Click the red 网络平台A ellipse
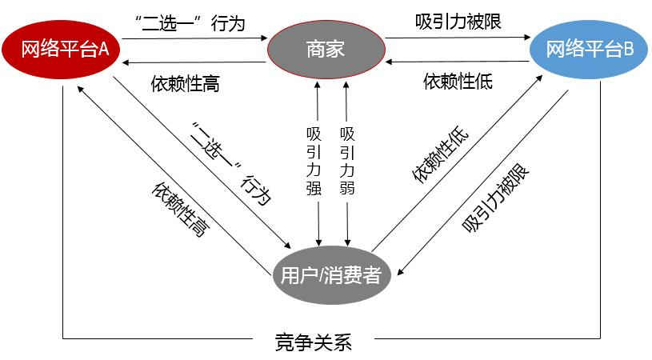click(x=61, y=49)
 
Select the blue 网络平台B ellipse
click(x=588, y=49)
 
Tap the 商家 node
click(x=326, y=49)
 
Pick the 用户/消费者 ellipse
click(x=331, y=274)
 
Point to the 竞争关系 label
click(x=314, y=342)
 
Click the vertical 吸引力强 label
click(x=314, y=162)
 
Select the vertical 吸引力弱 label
click(x=347, y=162)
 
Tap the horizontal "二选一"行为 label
click(x=190, y=23)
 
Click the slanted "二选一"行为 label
click(x=231, y=163)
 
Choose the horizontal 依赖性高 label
click(x=185, y=83)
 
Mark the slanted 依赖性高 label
click(x=181, y=209)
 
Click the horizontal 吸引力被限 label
click(x=458, y=22)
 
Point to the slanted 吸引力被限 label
click(x=495, y=198)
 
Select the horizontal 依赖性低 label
click(x=458, y=81)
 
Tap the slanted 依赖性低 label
click(x=440, y=154)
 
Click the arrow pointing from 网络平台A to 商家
click(x=194, y=38)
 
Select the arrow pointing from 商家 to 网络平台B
click(x=458, y=38)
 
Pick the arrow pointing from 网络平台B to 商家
click(x=458, y=62)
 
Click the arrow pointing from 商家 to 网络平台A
click(x=194, y=62)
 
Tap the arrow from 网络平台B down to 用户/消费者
click(x=482, y=182)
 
